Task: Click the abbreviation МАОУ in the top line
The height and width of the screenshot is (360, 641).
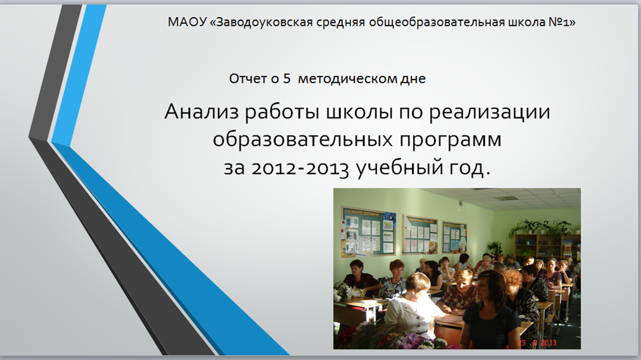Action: click(187, 22)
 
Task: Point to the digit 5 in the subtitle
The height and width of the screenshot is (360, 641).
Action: click(287, 79)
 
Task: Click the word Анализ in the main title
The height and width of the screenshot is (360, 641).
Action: click(202, 112)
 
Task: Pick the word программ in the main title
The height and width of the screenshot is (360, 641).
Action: click(451, 140)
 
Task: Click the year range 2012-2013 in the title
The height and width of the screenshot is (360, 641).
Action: click(300, 168)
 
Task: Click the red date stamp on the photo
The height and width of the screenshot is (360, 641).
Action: click(537, 343)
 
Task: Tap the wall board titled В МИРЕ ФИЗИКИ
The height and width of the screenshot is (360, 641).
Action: click(368, 231)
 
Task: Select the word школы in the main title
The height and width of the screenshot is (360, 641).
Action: click(360, 112)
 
